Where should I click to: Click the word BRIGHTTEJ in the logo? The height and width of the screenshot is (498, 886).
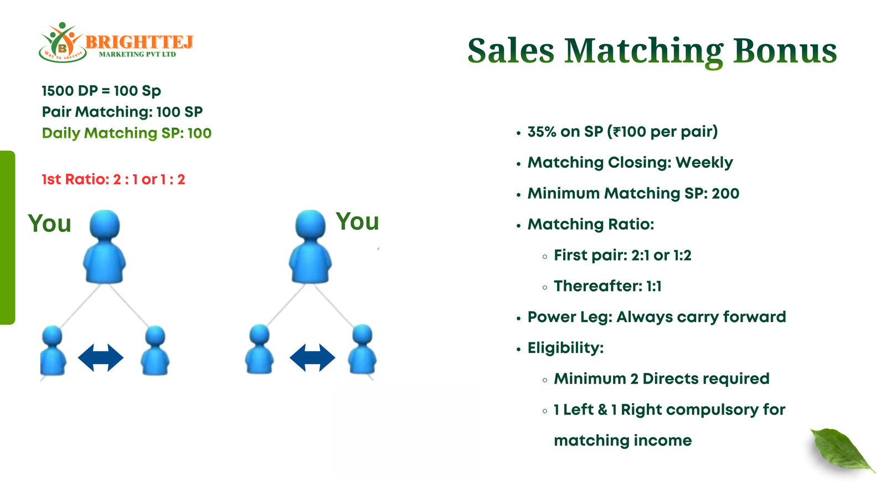pos(139,41)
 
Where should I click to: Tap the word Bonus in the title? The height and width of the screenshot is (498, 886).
pos(785,51)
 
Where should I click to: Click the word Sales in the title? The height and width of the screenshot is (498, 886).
pos(511,51)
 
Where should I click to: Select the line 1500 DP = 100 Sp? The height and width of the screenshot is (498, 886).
pos(101,91)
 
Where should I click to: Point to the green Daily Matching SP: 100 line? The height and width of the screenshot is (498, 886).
pos(127,133)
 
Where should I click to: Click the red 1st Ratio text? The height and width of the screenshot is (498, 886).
pos(114,179)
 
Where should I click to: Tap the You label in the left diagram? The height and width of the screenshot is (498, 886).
pos(49,224)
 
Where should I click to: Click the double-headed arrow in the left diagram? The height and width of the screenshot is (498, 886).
pos(101,357)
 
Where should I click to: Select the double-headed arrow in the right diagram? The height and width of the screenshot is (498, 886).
pos(312,357)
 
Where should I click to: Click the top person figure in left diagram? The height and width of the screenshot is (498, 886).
pos(105,247)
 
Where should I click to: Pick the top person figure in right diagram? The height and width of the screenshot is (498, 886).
pos(311,247)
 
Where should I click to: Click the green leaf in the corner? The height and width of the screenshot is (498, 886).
pos(842,450)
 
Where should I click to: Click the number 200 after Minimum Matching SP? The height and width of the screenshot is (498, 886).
pos(725,194)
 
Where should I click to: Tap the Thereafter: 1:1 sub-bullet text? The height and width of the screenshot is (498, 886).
pos(607,286)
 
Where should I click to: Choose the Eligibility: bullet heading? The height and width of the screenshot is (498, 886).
pos(565,348)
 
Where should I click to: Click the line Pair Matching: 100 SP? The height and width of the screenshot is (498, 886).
pos(122,112)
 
